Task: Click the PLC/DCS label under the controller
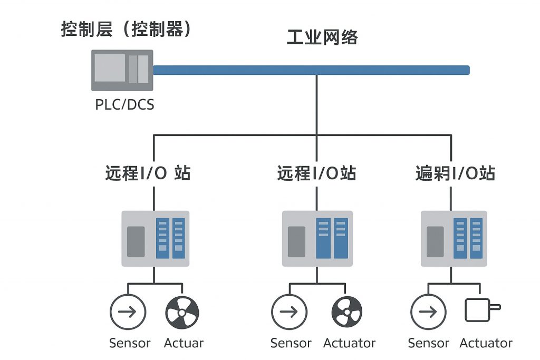pyautogui.click(x=124, y=104)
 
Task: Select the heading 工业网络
pyautogui.click(x=322, y=37)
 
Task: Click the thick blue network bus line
pyautogui.click(x=311, y=70)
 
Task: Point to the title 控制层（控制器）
pyautogui.click(x=126, y=28)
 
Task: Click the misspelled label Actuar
pyautogui.click(x=184, y=343)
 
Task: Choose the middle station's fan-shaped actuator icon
pyautogui.click(x=346, y=312)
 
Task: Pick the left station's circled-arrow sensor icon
pyautogui.click(x=127, y=312)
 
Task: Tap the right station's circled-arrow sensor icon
pyautogui.click(x=428, y=312)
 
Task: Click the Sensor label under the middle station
pyautogui.click(x=291, y=343)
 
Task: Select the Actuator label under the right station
pyautogui.click(x=486, y=343)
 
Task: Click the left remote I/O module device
pyautogui.click(x=155, y=239)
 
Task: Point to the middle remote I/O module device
pyautogui.click(x=316, y=239)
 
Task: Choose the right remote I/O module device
pyautogui.click(x=454, y=239)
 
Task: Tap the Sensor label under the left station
pyautogui.click(x=130, y=343)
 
